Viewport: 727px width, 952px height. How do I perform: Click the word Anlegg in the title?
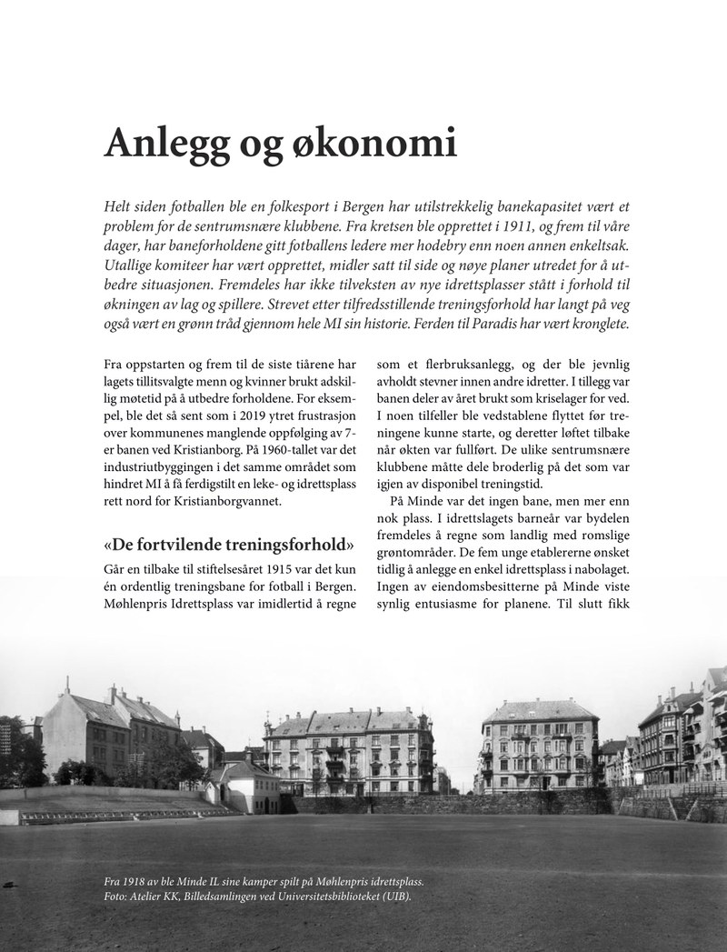(170, 144)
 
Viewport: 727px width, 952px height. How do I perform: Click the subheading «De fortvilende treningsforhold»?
(229, 546)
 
